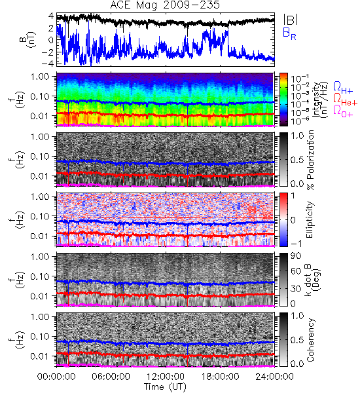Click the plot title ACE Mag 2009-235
pos(165,5)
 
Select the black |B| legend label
pos(291,20)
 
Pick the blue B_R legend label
pos(289,33)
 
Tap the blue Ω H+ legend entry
pos(343,88)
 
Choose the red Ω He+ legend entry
pos(345,100)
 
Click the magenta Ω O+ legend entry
pos(343,111)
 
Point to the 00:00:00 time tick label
pos(56,377)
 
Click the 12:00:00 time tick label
pos(166,377)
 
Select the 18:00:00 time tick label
pos(220,377)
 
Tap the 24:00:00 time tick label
pos(274,377)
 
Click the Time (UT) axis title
pos(165,386)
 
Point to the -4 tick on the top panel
pos(48,64)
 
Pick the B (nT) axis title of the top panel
pos(29,39)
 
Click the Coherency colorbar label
pos(310,340)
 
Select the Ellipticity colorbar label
pos(310,220)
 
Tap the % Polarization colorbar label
pos(310,160)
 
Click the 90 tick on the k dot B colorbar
pos(295,255)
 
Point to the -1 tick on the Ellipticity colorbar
pos(296,243)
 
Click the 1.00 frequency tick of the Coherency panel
pos(41,317)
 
